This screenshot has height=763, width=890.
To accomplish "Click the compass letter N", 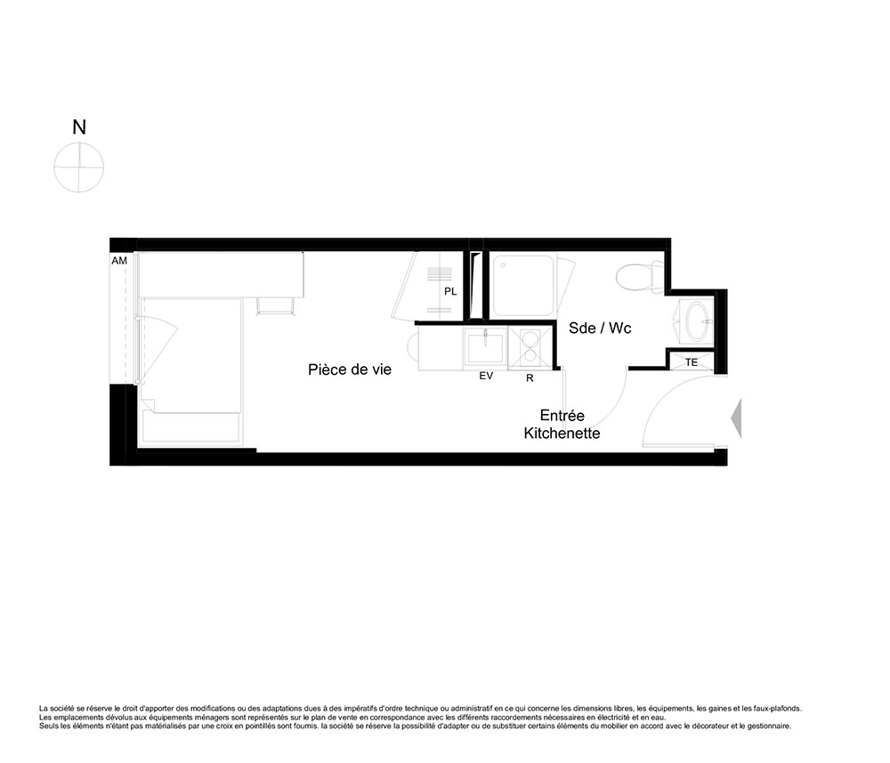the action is pos(79,127).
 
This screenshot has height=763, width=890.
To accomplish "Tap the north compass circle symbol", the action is pos(79,167).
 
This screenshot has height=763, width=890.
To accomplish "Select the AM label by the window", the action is pos(119,261).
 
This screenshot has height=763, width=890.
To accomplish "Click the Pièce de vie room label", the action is pos(350,369).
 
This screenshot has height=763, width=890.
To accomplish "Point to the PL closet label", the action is pos(450,292).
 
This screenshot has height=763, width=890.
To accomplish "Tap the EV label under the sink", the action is pos(486,376).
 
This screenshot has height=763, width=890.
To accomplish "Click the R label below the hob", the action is pos(530,378).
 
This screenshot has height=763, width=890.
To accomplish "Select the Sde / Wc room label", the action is pos(600,329).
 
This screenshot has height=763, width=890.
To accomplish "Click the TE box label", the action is pos(692,362).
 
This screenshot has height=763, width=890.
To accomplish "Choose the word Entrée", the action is pos(562,415).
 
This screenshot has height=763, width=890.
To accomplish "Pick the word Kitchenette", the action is pos(562,434).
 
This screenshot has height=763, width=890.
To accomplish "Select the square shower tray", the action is pos(522,286).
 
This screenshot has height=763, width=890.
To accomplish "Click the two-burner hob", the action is pos(530,347).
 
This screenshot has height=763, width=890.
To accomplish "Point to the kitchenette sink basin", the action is pos(485,348).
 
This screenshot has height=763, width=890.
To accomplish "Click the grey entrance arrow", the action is pos(736,418).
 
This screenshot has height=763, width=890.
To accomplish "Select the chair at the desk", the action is pos(275,304).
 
